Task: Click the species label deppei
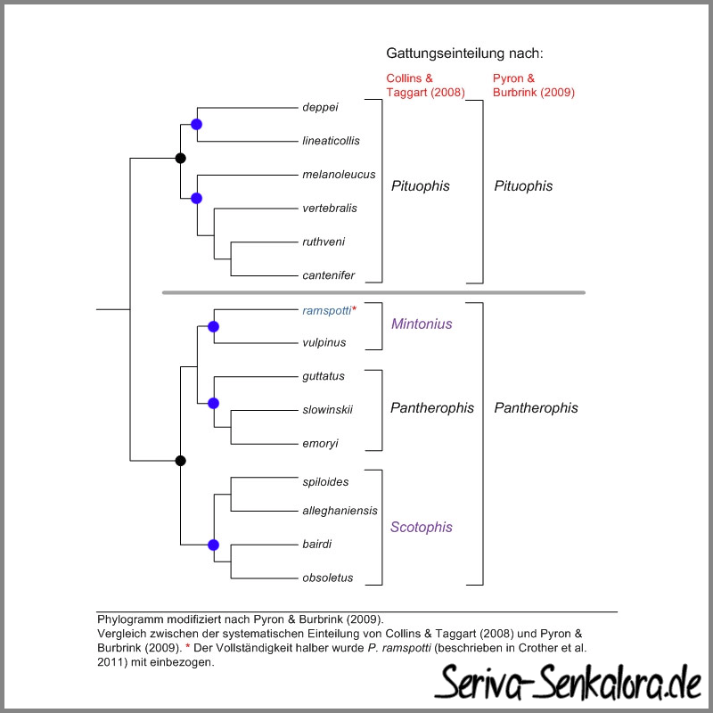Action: click(320, 107)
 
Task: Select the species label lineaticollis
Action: click(331, 141)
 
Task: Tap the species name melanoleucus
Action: click(339, 175)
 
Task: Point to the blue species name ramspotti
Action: click(327, 310)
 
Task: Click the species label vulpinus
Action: click(324, 342)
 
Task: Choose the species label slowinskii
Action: click(327, 410)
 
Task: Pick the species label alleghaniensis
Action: click(340, 511)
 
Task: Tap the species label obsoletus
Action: click(328, 578)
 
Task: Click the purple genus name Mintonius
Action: click(422, 324)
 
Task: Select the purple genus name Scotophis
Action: click(421, 527)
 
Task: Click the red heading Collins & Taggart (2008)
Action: click(426, 86)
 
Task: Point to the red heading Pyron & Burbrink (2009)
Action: click(534, 86)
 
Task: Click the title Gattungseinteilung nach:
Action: click(464, 53)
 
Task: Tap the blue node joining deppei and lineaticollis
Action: click(196, 124)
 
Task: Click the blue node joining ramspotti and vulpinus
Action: click(213, 326)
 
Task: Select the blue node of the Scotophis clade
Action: click(213, 545)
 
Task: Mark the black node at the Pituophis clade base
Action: click(181, 159)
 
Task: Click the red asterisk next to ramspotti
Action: click(354, 308)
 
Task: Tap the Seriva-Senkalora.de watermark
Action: click(569, 682)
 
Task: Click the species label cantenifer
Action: click(328, 275)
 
